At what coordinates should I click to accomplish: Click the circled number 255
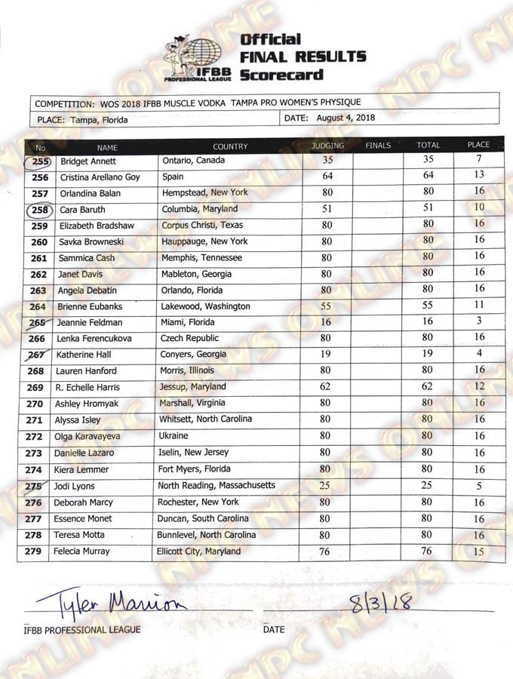click(41, 161)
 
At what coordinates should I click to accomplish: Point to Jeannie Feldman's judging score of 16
click(327, 322)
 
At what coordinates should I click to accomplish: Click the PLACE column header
click(478, 145)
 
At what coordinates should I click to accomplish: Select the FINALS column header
click(378, 146)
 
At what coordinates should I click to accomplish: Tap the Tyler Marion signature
click(106, 603)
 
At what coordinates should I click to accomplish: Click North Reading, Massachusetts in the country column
click(217, 485)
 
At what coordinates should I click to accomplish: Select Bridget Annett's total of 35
click(428, 160)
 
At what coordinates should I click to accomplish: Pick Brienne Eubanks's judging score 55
click(327, 306)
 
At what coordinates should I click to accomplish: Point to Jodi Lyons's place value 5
click(479, 486)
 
